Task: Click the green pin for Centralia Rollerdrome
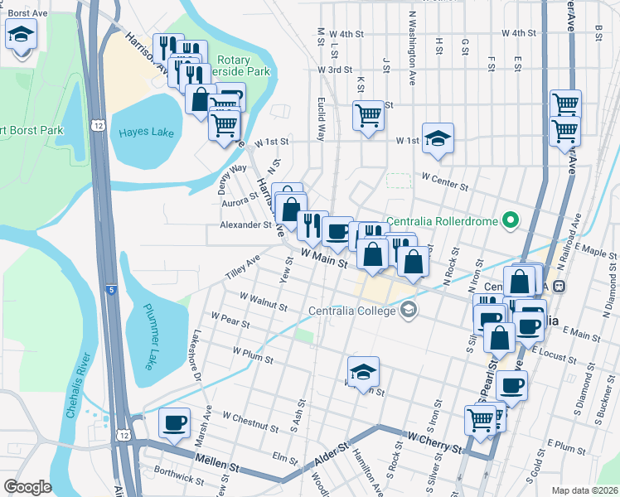coord(511,220)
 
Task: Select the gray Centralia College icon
coord(408,311)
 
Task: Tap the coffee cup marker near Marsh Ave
coord(174,423)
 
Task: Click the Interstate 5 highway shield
coord(111,290)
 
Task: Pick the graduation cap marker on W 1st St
coord(438,138)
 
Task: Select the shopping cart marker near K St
coord(368,115)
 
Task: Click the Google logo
coord(27,487)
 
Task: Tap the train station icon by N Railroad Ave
coord(559,286)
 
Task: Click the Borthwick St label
coord(179,479)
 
